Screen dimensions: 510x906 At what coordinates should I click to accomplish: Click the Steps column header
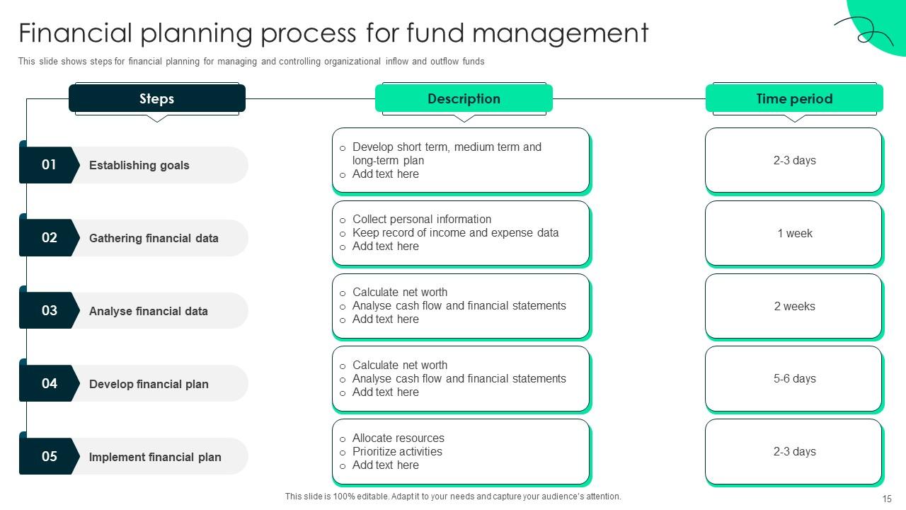pyautogui.click(x=156, y=98)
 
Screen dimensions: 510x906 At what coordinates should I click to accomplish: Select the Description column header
pyautogui.click(x=464, y=98)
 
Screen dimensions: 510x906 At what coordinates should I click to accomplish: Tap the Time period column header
pyautogui.click(x=794, y=98)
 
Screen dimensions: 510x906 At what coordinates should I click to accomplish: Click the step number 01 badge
pyautogui.click(x=49, y=165)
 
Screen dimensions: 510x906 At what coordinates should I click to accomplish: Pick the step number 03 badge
pyautogui.click(x=49, y=310)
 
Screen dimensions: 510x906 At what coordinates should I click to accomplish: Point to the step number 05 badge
pyautogui.click(x=49, y=456)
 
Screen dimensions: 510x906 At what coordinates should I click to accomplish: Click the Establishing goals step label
pyautogui.click(x=139, y=165)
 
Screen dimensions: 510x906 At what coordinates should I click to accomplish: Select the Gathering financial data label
pyautogui.click(x=154, y=238)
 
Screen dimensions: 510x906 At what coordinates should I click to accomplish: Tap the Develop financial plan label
pyautogui.click(x=149, y=384)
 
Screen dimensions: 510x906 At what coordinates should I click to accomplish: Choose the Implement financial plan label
pyautogui.click(x=155, y=457)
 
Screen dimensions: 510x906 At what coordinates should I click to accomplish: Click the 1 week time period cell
pyautogui.click(x=794, y=233)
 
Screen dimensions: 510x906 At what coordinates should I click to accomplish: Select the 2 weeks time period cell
pyautogui.click(x=794, y=306)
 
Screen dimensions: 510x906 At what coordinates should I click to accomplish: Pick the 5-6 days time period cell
pyautogui.click(x=794, y=378)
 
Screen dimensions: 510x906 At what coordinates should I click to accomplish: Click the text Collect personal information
pyautogui.click(x=422, y=219)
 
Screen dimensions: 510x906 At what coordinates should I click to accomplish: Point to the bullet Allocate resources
pyautogui.click(x=398, y=438)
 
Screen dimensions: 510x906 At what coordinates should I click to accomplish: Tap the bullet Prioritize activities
pyautogui.click(x=397, y=451)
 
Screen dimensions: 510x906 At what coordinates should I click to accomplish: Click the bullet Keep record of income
pyautogui.click(x=455, y=232)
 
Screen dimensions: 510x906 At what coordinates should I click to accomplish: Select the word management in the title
pyautogui.click(x=559, y=33)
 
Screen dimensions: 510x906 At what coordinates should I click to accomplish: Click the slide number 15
pyautogui.click(x=887, y=499)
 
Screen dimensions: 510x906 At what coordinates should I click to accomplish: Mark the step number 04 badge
pyautogui.click(x=49, y=383)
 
